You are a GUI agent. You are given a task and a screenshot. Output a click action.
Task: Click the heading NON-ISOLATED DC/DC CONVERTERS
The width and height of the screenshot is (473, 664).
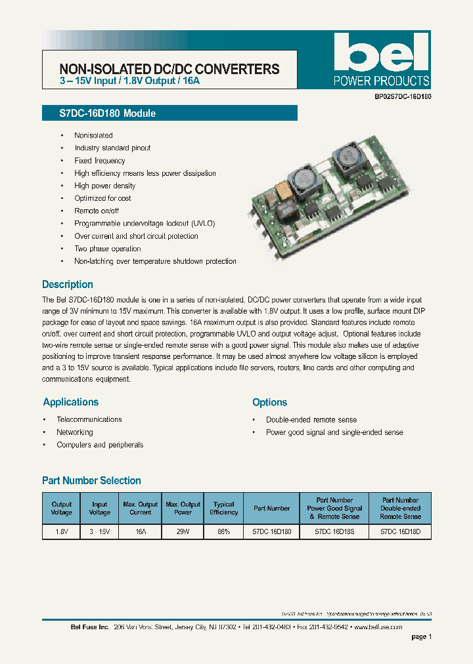(169, 69)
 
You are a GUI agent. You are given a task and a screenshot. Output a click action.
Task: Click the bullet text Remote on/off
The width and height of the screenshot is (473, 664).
(97, 211)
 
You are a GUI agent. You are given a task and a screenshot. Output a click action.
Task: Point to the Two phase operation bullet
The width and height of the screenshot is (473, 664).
(108, 249)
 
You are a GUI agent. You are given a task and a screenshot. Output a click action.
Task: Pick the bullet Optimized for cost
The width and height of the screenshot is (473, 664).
(102, 198)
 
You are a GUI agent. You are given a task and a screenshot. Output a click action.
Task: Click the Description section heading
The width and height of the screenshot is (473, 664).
(68, 285)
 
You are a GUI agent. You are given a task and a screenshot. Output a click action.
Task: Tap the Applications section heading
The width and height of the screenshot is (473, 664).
(71, 402)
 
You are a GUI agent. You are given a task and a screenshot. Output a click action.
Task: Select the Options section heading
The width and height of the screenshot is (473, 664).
(270, 402)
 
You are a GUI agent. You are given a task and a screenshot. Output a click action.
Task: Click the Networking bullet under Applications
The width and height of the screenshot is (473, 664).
(75, 432)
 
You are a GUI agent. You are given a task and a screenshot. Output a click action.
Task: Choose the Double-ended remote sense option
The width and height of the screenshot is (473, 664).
(311, 420)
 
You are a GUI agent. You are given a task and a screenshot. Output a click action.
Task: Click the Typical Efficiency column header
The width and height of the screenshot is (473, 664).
(223, 508)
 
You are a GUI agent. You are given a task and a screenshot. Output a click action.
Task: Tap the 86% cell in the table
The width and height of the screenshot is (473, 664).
(223, 532)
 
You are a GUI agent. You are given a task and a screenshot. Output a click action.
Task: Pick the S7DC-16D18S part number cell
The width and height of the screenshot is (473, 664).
(334, 532)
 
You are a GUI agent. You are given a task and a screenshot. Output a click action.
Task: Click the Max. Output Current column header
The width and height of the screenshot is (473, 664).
(141, 508)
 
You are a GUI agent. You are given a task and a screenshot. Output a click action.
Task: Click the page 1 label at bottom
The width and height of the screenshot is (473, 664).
(421, 637)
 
